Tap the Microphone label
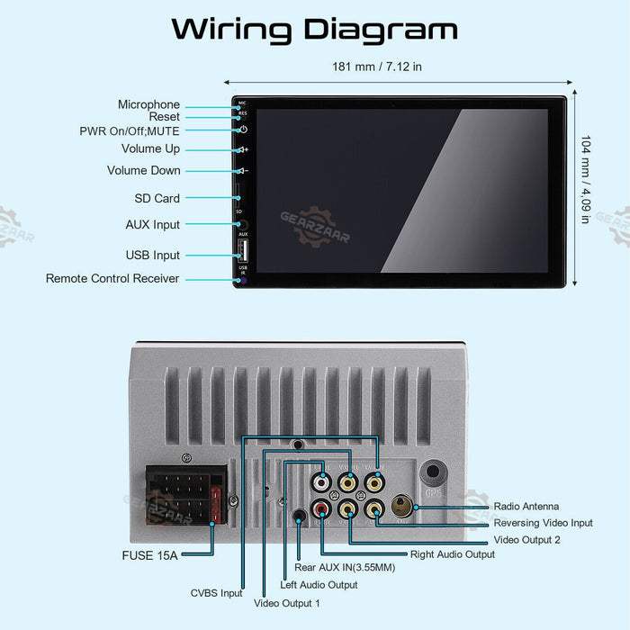pyautogui.click(x=148, y=104)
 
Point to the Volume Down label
pyautogui.click(x=144, y=170)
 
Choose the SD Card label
pyautogui.click(x=157, y=198)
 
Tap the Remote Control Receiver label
pyautogui.click(x=112, y=279)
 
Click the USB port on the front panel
pyautogui.click(x=242, y=252)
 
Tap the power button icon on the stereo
pyautogui.click(x=242, y=130)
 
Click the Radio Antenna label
pyautogui.click(x=526, y=507)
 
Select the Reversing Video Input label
pyautogui.click(x=543, y=523)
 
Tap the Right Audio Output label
pyautogui.click(x=452, y=554)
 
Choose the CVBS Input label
pyautogui.click(x=216, y=593)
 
